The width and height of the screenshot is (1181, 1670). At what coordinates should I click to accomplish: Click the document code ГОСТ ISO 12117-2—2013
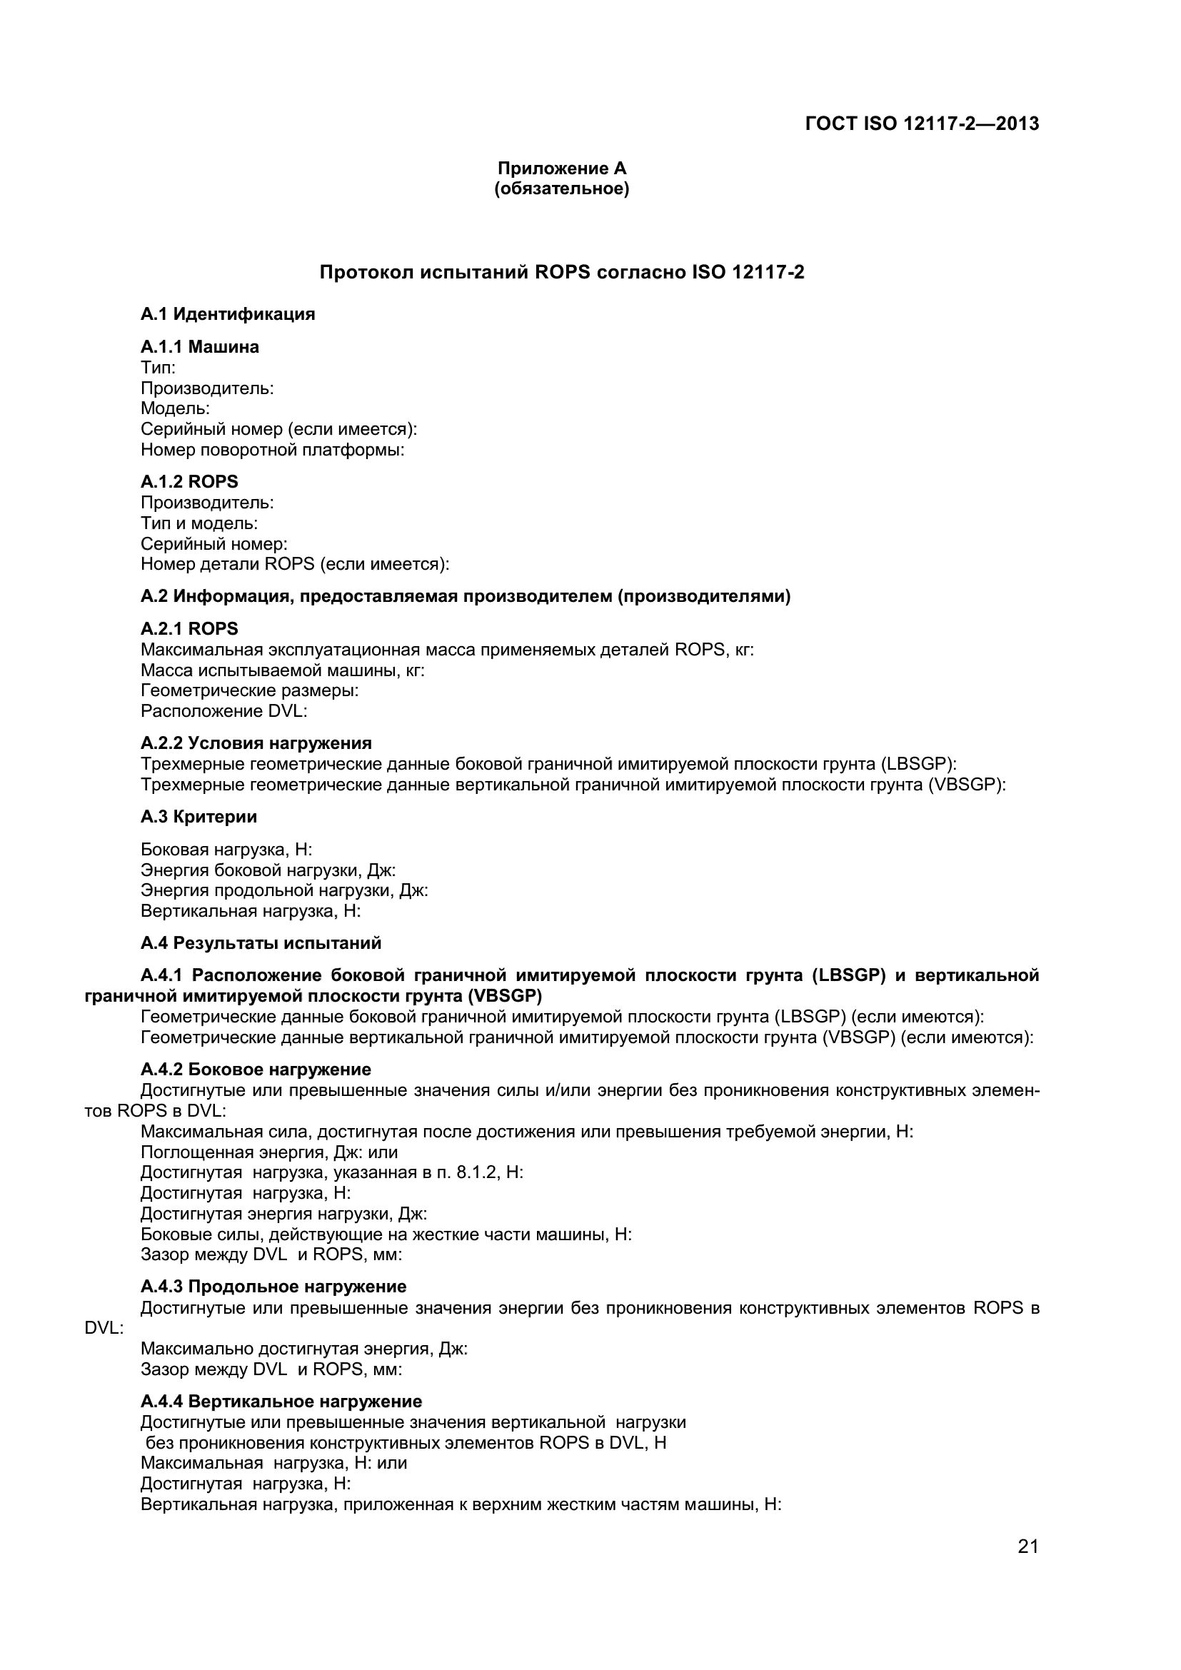click(921, 124)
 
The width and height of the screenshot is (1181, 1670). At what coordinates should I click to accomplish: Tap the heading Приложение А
click(561, 168)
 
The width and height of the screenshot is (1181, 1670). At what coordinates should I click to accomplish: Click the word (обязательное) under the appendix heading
click(561, 189)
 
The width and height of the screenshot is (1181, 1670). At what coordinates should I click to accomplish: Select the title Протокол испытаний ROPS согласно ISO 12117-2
click(561, 273)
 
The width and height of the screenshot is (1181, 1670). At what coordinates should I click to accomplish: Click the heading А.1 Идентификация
click(228, 314)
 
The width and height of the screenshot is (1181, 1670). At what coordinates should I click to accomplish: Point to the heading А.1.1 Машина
click(199, 347)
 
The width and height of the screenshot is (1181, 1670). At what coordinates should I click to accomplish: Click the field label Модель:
click(174, 409)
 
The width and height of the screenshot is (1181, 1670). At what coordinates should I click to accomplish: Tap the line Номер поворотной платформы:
click(272, 450)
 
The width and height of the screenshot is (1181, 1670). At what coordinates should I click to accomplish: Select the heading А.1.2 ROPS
click(189, 481)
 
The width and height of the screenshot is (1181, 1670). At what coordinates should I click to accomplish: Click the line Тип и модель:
click(199, 523)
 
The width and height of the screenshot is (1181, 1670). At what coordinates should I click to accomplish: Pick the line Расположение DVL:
click(223, 710)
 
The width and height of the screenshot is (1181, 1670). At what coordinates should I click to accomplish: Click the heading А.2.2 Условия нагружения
click(256, 743)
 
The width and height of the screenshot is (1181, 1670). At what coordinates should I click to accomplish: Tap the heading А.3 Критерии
click(198, 817)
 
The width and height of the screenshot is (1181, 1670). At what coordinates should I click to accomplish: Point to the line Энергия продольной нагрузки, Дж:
click(283, 890)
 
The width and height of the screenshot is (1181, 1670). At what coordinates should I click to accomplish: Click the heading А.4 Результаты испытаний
click(261, 943)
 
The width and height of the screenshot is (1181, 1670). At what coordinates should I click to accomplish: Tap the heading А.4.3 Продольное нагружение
click(273, 1287)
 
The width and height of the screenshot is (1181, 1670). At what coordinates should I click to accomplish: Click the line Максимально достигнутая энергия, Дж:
click(303, 1349)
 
